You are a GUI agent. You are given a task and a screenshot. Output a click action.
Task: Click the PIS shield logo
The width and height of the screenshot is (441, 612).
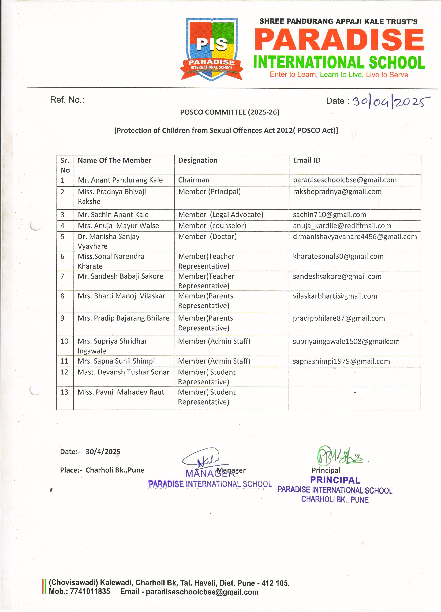click(212, 49)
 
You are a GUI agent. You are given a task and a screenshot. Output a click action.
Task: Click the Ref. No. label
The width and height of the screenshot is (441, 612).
click(67, 100)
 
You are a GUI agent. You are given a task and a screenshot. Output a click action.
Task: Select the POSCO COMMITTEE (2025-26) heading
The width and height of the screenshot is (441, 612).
click(230, 112)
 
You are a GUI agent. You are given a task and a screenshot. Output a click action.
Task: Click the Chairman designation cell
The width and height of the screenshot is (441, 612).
click(194, 180)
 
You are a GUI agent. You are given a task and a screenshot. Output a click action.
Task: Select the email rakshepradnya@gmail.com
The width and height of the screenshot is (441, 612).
click(337, 192)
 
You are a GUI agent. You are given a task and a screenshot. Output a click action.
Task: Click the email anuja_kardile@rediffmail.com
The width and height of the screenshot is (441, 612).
click(342, 226)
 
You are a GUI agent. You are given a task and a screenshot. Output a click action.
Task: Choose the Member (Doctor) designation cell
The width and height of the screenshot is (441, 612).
click(207, 237)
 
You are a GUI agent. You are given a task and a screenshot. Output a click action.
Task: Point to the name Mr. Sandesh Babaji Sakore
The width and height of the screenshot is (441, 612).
click(120, 276)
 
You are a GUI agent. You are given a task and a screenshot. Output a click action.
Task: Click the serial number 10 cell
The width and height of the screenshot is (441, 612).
click(65, 341)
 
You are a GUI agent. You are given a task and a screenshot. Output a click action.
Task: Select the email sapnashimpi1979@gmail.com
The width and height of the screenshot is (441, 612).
click(341, 361)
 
